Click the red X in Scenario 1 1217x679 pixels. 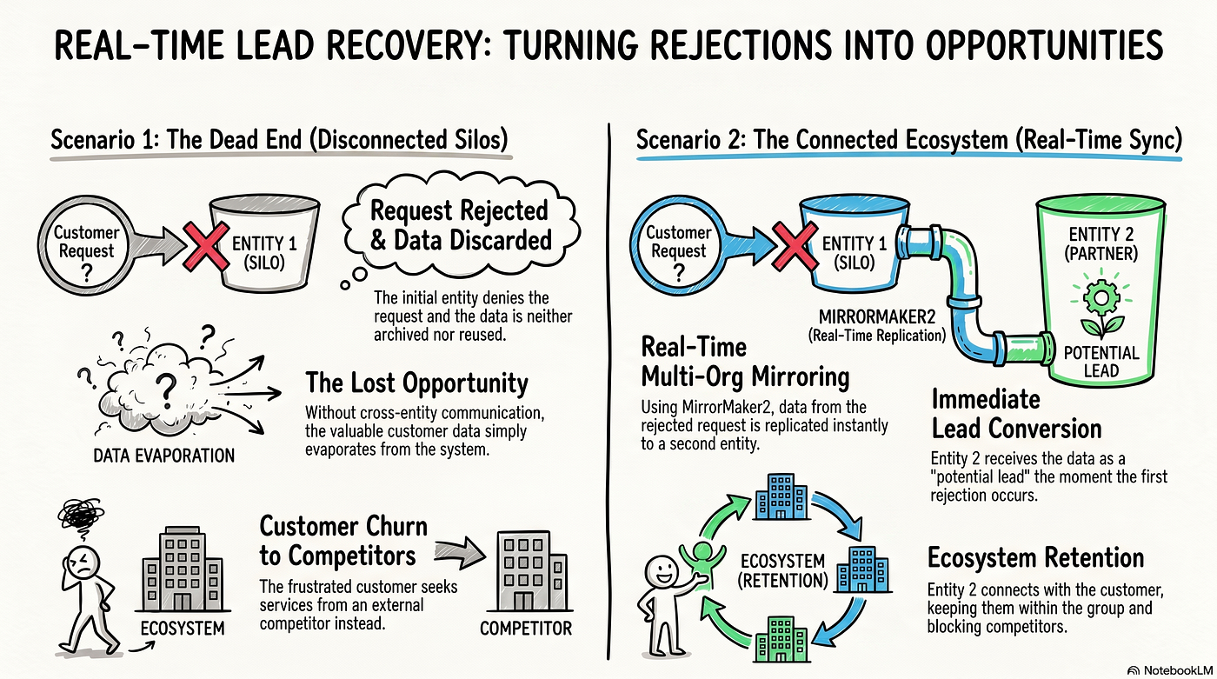click(205, 247)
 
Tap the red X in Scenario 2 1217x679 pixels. click(795, 247)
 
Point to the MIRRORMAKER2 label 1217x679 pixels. click(877, 316)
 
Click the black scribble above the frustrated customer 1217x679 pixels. click(81, 515)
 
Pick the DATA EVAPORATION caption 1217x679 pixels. click(164, 456)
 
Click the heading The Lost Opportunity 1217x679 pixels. click(416, 383)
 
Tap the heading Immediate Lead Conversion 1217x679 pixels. click(1016, 414)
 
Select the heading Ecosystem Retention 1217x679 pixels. click(1035, 558)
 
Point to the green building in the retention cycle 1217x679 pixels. click(781, 639)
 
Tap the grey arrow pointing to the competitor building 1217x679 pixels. click(460, 554)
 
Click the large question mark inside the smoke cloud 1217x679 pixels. click(166, 386)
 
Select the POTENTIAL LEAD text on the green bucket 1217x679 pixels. click(1101, 362)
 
